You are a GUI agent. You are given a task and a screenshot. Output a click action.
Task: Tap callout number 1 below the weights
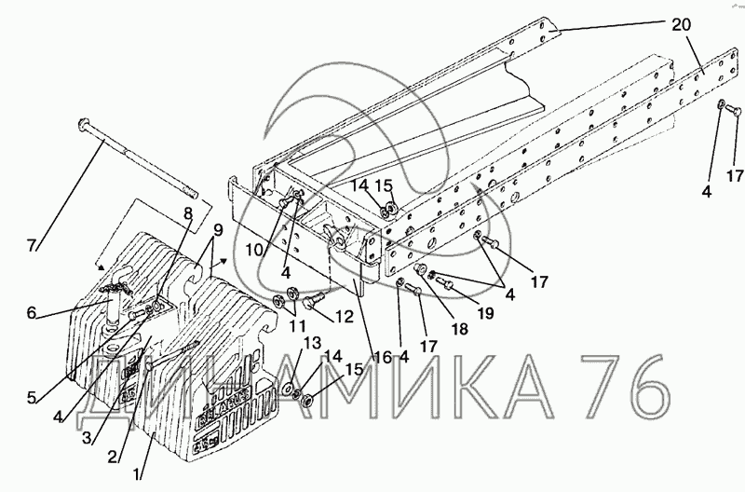141,473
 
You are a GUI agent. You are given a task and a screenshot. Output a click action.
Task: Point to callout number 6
33,313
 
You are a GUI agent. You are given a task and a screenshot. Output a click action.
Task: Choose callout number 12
343,318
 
